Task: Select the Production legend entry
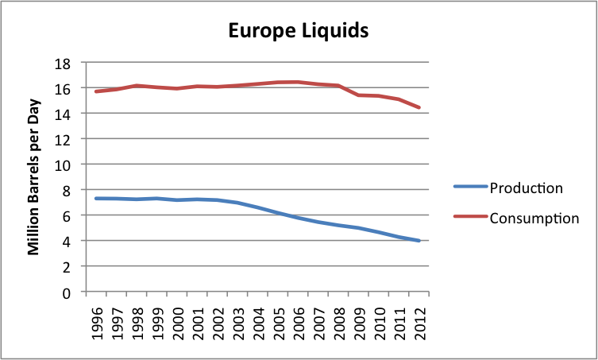click(x=526, y=188)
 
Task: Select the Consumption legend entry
click(x=534, y=217)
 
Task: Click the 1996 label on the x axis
click(x=97, y=319)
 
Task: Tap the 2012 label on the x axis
click(x=420, y=319)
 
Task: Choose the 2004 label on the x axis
click(x=259, y=319)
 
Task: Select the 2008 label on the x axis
click(x=339, y=319)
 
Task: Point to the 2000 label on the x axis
click(x=178, y=319)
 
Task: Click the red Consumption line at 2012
click(x=419, y=107)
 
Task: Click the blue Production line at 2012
click(x=419, y=241)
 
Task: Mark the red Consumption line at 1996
click(x=96, y=91)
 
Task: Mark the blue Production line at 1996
click(x=96, y=198)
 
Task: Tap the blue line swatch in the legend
click(x=469, y=188)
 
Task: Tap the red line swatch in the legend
click(x=469, y=217)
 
